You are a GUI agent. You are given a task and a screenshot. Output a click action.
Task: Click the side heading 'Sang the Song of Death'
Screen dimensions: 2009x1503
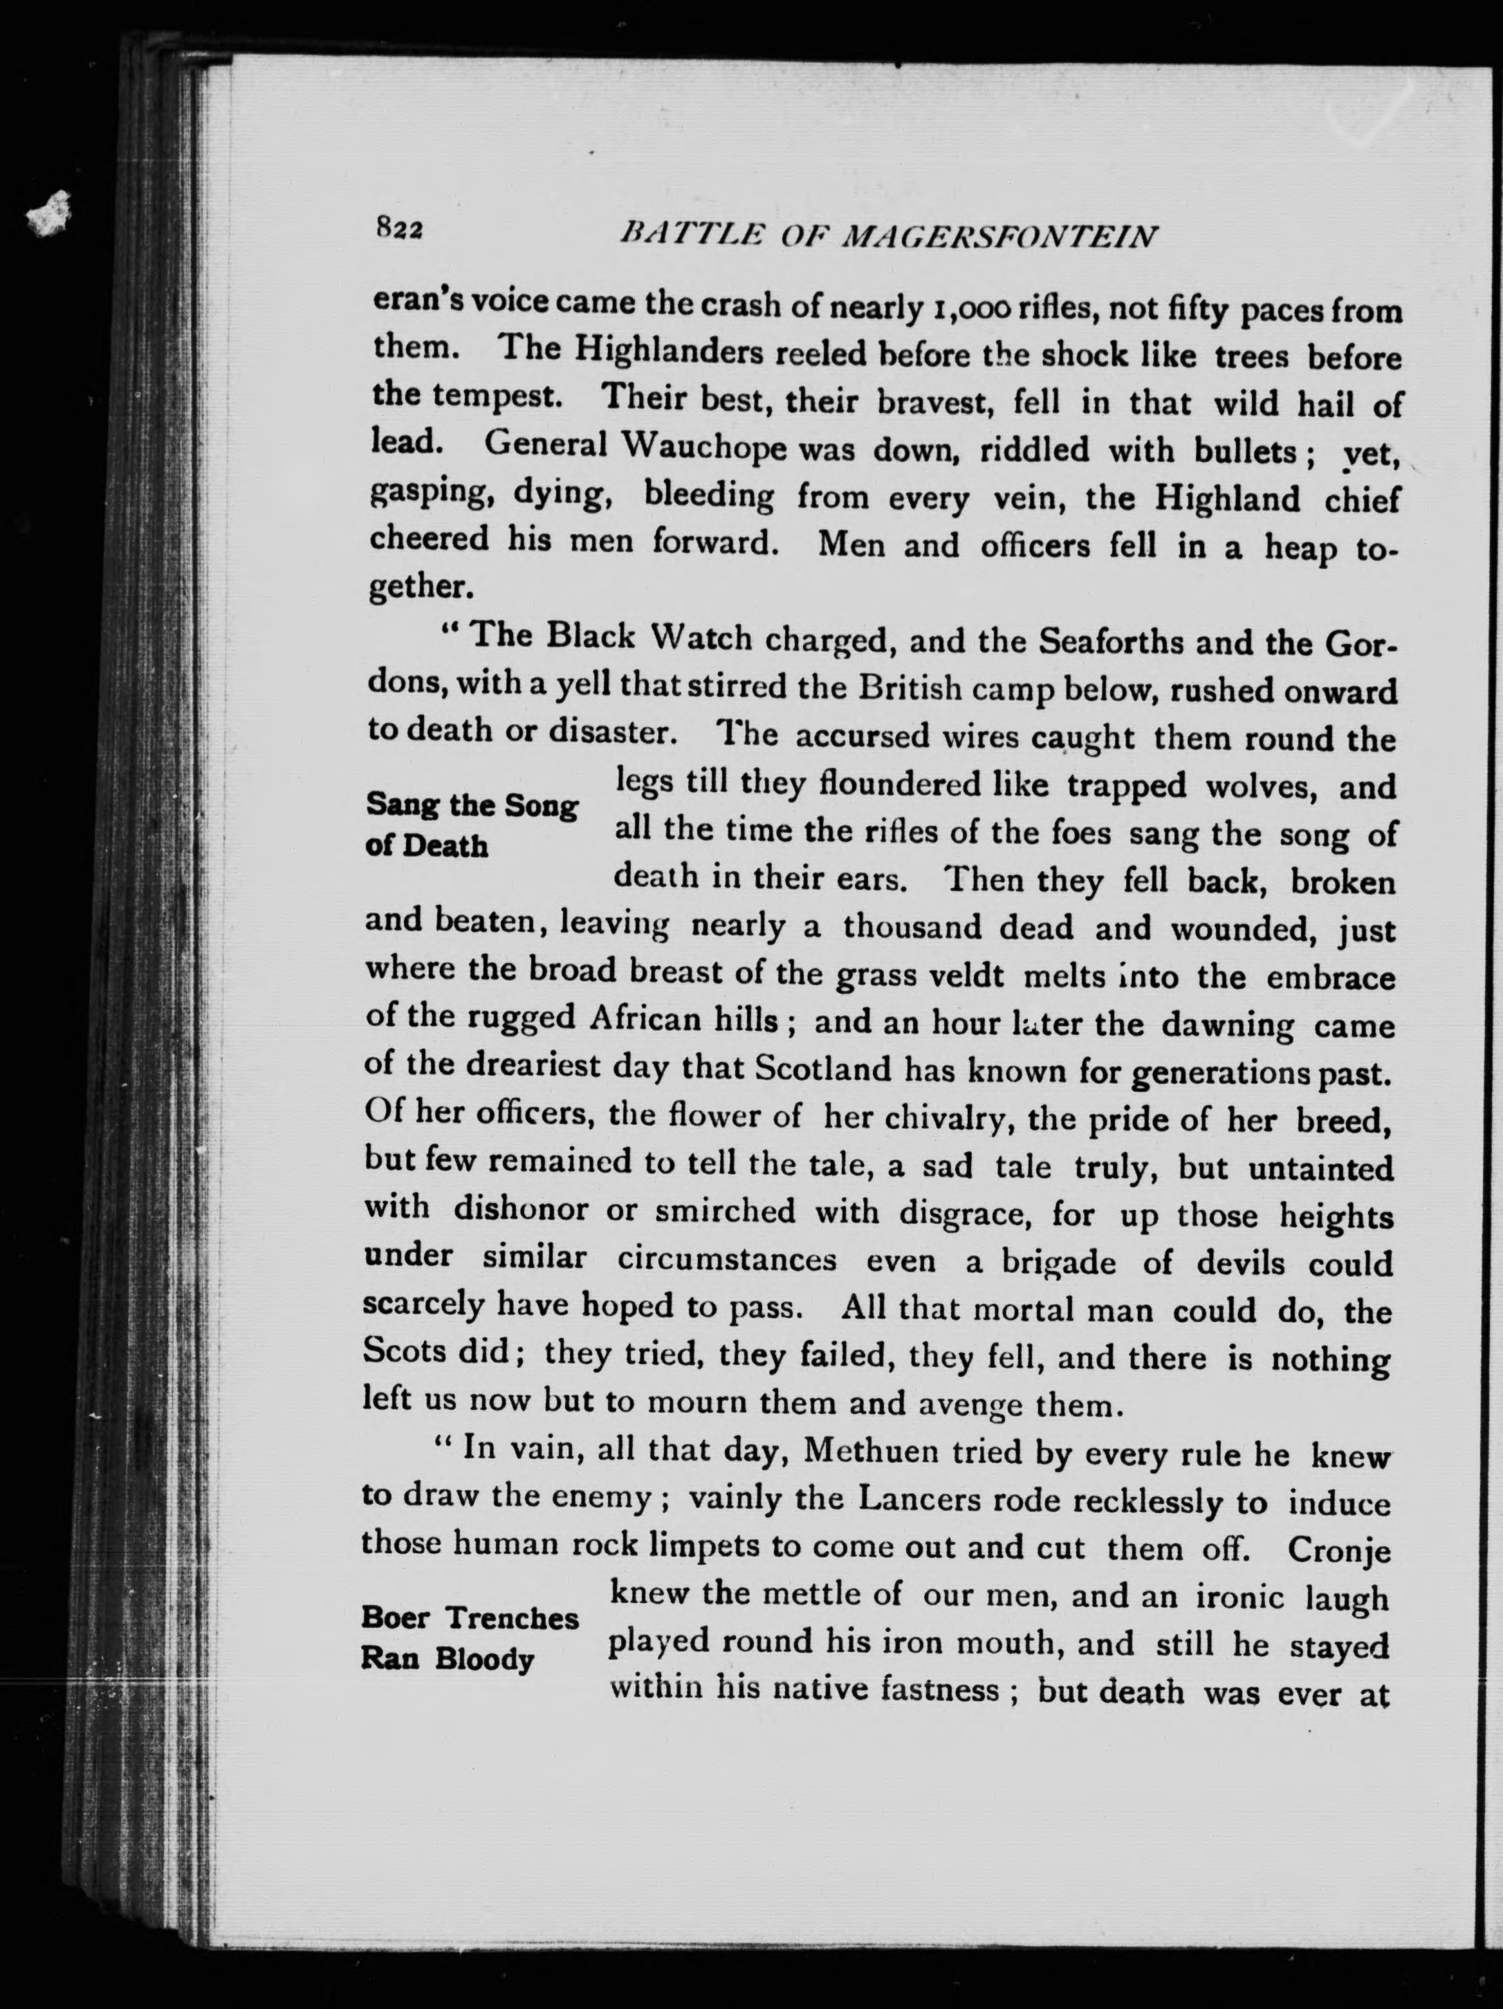pos(470,825)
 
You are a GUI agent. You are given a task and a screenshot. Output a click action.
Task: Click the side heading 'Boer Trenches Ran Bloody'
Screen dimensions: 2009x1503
pos(469,1638)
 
